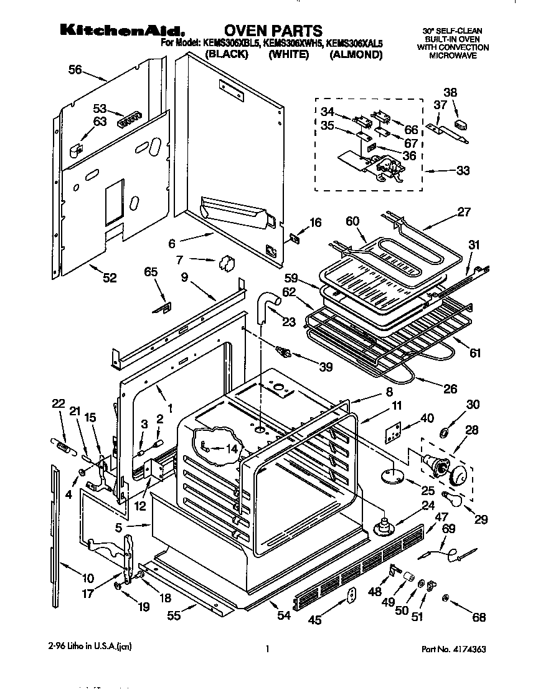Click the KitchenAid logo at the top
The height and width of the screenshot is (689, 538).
pyautogui.click(x=115, y=31)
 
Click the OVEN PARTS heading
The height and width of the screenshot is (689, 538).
pyautogui.click(x=273, y=31)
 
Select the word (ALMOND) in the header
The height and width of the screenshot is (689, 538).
pyautogui.click(x=355, y=55)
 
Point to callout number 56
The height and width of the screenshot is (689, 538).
pyautogui.click(x=75, y=70)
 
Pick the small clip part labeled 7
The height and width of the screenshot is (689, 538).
pyautogui.click(x=227, y=263)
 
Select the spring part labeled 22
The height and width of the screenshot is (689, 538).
pyautogui.click(x=61, y=444)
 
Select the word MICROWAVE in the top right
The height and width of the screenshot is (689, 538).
pyautogui.click(x=452, y=55)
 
